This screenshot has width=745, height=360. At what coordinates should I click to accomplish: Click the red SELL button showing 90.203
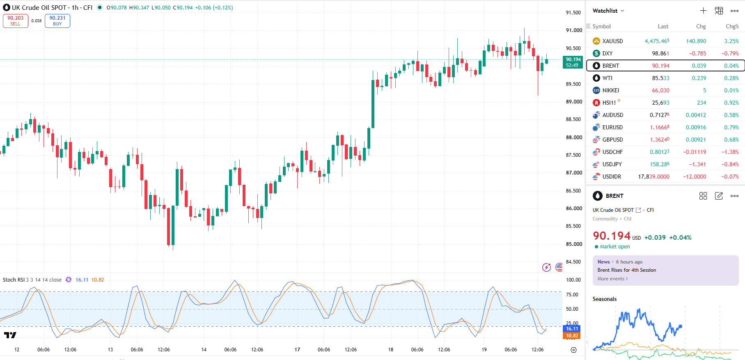(16, 21)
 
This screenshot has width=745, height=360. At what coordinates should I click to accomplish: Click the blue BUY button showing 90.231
(57, 21)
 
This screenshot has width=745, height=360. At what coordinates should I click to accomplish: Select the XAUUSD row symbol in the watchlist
(612, 41)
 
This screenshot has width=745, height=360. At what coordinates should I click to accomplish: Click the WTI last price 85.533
(660, 78)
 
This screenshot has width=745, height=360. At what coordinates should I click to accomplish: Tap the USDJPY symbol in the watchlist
(612, 164)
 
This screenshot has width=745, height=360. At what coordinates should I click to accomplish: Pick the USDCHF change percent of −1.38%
(730, 152)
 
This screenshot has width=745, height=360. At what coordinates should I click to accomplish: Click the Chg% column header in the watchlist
(732, 26)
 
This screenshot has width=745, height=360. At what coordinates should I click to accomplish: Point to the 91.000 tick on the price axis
(574, 30)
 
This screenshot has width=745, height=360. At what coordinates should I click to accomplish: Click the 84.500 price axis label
(573, 262)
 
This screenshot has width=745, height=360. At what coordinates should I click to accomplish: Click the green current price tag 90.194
(573, 62)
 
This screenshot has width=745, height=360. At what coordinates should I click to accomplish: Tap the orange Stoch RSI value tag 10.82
(572, 336)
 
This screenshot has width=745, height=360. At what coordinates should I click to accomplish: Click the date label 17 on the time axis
(297, 350)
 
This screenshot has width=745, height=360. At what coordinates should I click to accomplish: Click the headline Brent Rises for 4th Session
(626, 270)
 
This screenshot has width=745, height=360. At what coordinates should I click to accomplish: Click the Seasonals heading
(604, 299)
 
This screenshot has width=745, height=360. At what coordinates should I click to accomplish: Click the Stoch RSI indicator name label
(14, 280)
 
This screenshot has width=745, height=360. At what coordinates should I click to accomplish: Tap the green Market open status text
(614, 247)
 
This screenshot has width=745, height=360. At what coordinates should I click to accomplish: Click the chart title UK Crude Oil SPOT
(39, 7)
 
